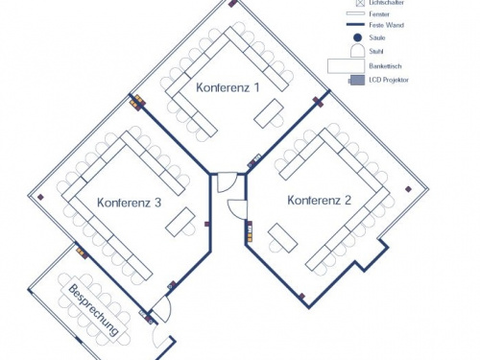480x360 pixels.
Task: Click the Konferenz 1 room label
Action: [228, 87]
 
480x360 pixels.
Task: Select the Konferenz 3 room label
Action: [129, 203]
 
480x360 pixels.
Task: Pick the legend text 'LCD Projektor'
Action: [389, 81]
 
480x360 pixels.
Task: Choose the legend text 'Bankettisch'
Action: [385, 65]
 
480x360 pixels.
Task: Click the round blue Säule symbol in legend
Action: [355, 36]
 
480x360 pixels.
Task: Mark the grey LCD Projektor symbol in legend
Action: [355, 81]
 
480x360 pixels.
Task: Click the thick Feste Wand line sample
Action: [355, 26]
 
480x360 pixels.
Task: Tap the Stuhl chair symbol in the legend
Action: [355, 50]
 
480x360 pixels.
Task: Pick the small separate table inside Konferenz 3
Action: [179, 225]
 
